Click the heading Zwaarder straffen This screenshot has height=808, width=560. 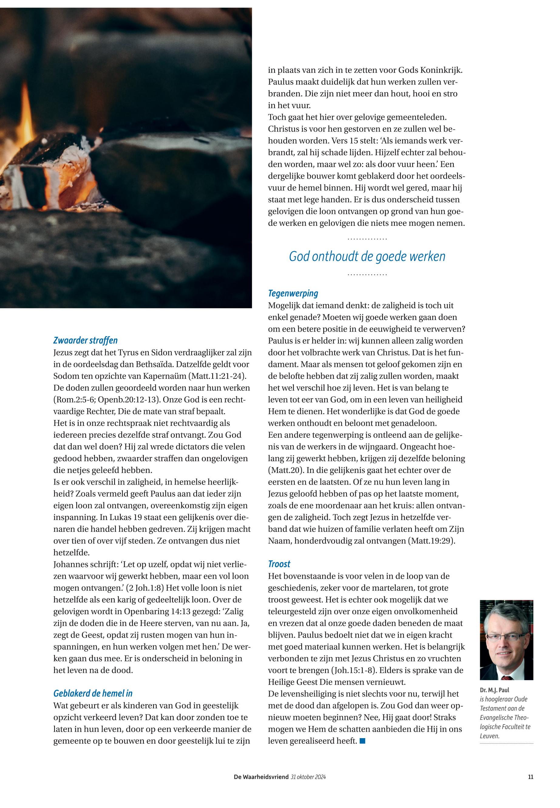pyautogui.click(x=85, y=340)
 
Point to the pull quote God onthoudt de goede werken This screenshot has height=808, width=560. pyautogui.click(x=367, y=256)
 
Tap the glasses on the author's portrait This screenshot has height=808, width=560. pyautogui.click(x=506, y=637)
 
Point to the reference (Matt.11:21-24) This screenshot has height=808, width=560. pyautogui.click(x=218, y=376)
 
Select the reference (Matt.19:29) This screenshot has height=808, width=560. pyautogui.click(x=432, y=541)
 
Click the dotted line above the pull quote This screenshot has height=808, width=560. pyautogui.click(x=367, y=239)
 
